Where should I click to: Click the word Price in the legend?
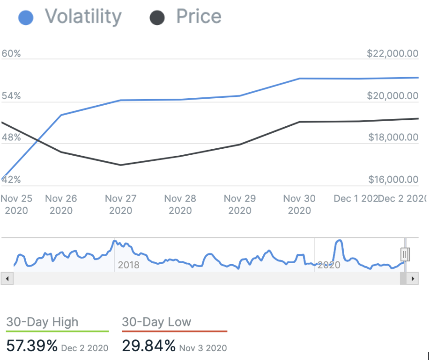point(198,17)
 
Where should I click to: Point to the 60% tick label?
point(11,54)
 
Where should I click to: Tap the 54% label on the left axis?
point(11,96)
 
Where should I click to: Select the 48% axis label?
point(11,137)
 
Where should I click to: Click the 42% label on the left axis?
point(11,180)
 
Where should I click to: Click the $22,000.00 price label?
point(393,54)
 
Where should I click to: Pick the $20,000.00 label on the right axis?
point(393,96)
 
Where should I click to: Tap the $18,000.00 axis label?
point(393,137)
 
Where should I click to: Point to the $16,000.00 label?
point(393,180)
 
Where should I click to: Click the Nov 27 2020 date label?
point(121,204)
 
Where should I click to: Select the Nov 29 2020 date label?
point(240,204)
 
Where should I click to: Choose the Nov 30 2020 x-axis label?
point(300,204)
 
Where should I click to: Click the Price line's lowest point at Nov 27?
point(121,165)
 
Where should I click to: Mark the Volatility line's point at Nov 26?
point(61,115)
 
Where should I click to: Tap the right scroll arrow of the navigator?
point(413,278)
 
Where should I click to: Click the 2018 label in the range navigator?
point(129,265)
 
